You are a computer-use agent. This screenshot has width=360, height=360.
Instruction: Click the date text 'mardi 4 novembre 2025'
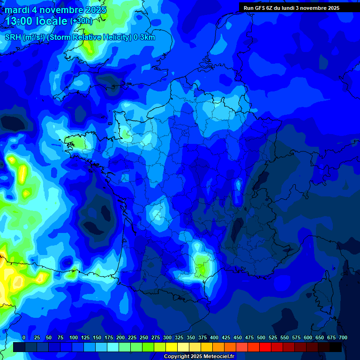(x=55, y=10)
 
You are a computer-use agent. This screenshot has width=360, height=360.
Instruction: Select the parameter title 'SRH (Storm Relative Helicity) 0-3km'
(x=80, y=37)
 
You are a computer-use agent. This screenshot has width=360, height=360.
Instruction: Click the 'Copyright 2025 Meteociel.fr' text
(x=200, y=357)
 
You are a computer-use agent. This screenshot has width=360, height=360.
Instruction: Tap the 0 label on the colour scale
(x=24, y=338)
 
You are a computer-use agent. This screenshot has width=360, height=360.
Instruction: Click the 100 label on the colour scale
(x=74, y=338)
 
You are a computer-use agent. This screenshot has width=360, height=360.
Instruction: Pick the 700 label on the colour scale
(x=343, y=338)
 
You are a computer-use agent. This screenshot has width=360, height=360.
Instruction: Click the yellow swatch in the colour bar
(x=172, y=347)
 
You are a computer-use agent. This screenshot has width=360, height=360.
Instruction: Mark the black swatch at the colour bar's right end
(x=336, y=347)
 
